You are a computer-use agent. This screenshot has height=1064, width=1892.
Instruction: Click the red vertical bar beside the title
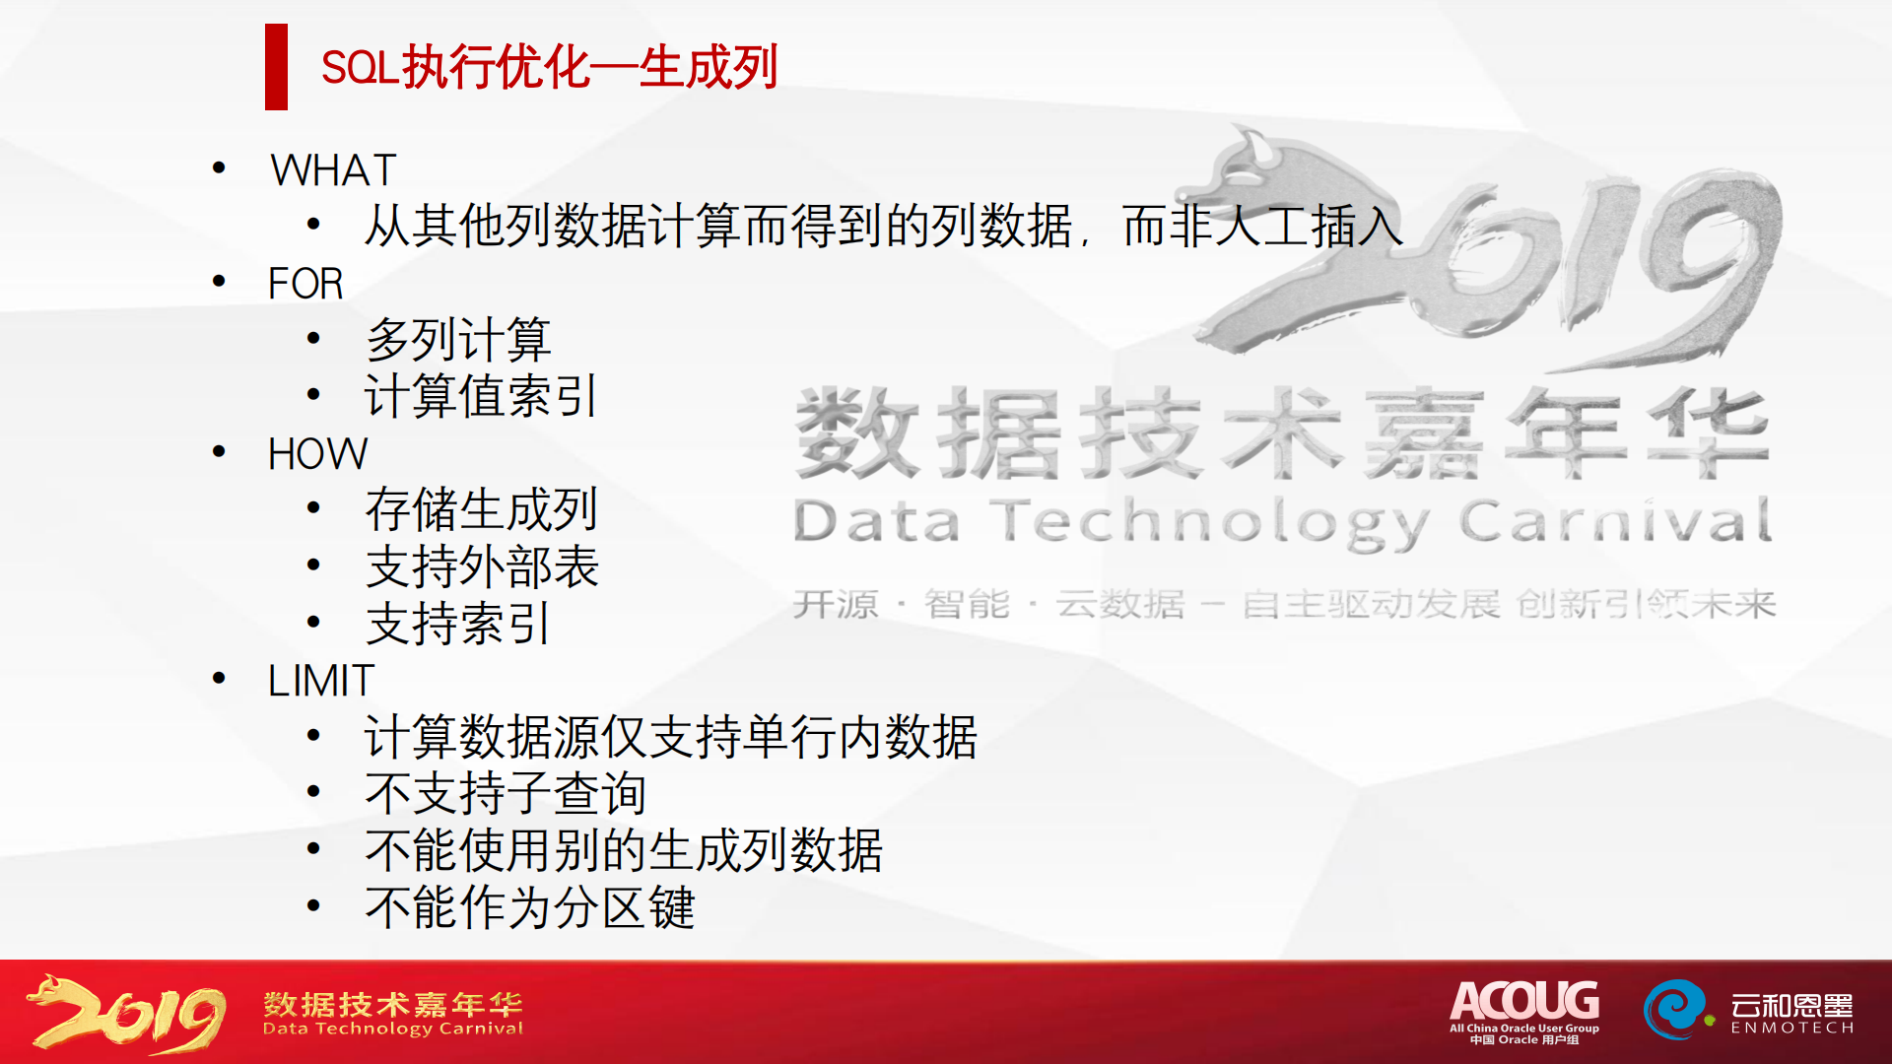pos(276,66)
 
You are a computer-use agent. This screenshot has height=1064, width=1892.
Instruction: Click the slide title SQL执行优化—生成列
pos(550,67)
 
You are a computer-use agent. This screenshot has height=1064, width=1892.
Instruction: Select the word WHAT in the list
pos(333,170)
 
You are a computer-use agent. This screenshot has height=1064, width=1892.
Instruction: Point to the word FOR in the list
pos(305,284)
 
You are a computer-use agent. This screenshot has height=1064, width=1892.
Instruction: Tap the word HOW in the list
pos(317,454)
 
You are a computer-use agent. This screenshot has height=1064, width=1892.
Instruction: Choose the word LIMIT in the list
pos(321,681)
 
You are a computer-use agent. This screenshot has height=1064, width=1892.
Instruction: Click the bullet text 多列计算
pos(458,340)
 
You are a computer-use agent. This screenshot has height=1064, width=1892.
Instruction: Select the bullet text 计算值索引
pos(481,396)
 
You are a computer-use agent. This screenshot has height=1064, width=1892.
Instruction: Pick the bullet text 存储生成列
pos(482,509)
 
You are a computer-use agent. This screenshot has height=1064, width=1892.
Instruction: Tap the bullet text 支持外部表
pos(482,566)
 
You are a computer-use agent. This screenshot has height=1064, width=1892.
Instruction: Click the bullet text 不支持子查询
pos(506,793)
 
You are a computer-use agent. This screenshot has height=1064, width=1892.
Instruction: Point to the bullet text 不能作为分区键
pos(530,906)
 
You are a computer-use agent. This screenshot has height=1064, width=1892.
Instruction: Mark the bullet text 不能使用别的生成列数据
pos(624,849)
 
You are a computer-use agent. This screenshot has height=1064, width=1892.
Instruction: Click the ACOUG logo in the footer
pos(1524,1011)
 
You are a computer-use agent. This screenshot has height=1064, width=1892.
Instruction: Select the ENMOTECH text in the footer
pos(1792,1028)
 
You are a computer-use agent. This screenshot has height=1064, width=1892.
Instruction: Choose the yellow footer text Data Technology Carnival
pos(393,1029)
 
